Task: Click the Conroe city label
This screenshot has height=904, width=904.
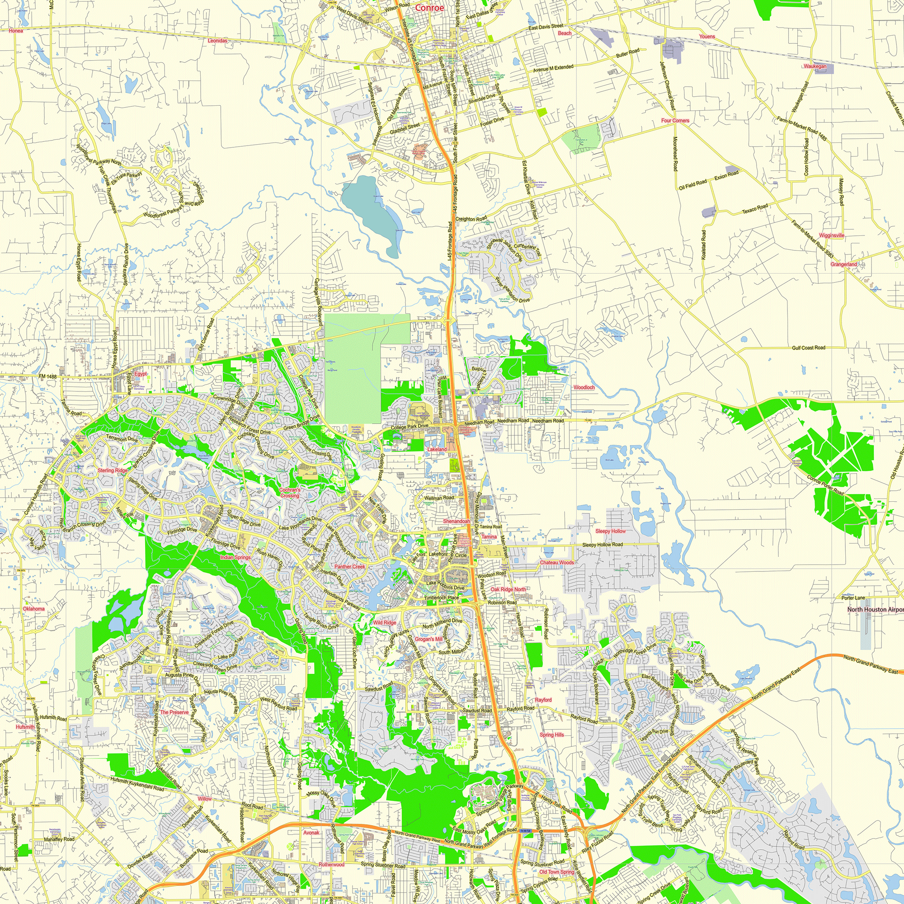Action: tap(429, 8)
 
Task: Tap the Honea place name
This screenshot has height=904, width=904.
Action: tap(15, 31)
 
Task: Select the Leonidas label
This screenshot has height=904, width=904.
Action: tap(217, 41)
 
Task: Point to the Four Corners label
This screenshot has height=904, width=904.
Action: tap(675, 120)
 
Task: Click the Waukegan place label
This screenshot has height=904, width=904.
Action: tap(815, 66)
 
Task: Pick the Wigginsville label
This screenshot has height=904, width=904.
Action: tap(832, 235)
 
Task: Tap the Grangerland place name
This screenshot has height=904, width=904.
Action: tap(843, 264)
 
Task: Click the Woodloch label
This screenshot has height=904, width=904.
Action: tap(584, 387)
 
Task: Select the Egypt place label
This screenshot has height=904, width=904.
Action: tap(141, 374)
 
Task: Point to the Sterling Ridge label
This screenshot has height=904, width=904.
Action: tap(112, 470)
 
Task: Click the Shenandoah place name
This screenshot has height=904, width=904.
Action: tap(456, 521)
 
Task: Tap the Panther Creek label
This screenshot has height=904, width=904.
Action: tap(349, 567)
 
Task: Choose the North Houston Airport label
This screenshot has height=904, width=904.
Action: tap(875, 610)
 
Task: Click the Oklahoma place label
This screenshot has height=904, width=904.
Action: tap(34, 609)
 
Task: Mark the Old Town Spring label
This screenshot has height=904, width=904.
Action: tap(556, 872)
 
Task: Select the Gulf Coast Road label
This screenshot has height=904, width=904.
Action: tap(809, 348)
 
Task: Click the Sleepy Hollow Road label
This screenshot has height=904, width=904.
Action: tap(602, 545)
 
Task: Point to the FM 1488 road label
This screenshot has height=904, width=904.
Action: tap(48, 377)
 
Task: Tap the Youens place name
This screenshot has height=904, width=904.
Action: tap(706, 37)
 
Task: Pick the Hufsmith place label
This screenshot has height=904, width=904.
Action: tap(25, 727)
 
